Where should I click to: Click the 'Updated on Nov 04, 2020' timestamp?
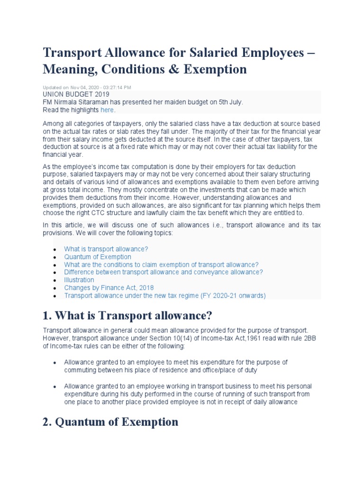click(x=87, y=88)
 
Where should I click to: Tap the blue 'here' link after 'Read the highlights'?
click(x=107, y=110)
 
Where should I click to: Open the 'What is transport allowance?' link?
click(x=106, y=249)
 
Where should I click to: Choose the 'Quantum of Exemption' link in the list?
click(x=98, y=257)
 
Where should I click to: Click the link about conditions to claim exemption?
click(x=161, y=265)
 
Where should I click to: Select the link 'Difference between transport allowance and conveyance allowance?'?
click(x=164, y=272)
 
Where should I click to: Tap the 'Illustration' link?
click(x=79, y=280)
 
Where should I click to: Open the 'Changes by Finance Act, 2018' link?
click(x=109, y=287)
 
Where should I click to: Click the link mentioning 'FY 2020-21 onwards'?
click(x=165, y=296)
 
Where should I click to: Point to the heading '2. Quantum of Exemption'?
click(x=110, y=422)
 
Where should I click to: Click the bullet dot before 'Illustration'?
click(x=55, y=280)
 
